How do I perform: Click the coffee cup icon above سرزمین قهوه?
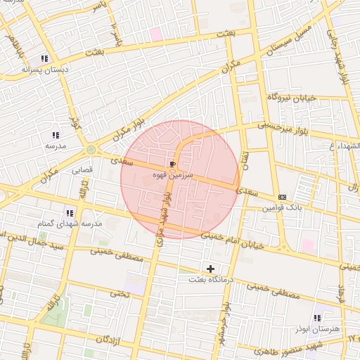click(x=174, y=162)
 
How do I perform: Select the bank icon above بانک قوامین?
click(x=282, y=197)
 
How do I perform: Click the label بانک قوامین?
click(x=282, y=207)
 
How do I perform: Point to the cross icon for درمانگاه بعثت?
click(x=210, y=269)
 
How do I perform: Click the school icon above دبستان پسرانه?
click(x=44, y=59)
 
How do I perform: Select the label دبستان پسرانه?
click(x=44, y=70)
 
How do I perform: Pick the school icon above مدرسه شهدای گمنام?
click(x=69, y=212)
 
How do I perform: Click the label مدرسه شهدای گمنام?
click(x=69, y=223)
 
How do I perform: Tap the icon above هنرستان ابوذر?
click(x=316, y=318)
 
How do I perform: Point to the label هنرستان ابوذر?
click(x=316, y=328)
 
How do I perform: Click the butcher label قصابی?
click(x=82, y=169)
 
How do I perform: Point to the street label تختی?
click(x=120, y=293)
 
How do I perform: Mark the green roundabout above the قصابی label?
click(x=91, y=150)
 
